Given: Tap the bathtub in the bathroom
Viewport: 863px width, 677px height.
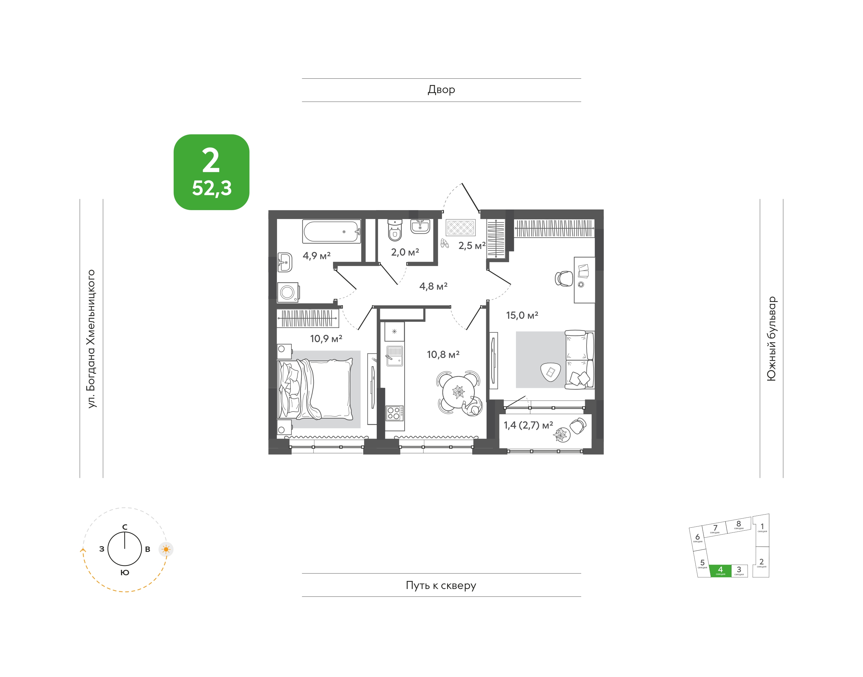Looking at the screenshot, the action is pyautogui.click(x=331, y=231).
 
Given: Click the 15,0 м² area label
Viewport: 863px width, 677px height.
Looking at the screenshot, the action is pyautogui.click(x=522, y=315).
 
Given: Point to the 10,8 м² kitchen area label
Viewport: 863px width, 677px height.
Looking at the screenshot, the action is pyautogui.click(x=443, y=354).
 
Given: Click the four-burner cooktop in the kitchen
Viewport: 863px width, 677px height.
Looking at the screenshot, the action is pyautogui.click(x=395, y=413).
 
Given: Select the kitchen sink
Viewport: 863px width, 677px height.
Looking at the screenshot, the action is pyautogui.click(x=394, y=356).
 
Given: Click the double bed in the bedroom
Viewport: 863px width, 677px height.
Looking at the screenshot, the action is pyautogui.click(x=315, y=388).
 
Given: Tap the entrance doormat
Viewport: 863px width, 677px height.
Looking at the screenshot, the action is pyautogui.click(x=461, y=227).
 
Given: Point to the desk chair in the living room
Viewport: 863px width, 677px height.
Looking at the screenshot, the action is pyautogui.click(x=564, y=279).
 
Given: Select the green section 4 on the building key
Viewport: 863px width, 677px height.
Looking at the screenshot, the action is pyautogui.click(x=720, y=570).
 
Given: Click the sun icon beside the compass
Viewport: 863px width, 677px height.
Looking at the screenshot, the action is pyautogui.click(x=166, y=550).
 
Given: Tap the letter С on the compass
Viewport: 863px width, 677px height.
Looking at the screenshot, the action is pyautogui.click(x=125, y=527).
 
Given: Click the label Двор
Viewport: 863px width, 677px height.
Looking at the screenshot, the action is pyautogui.click(x=441, y=90).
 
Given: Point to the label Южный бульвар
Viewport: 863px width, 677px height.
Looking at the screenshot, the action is pyautogui.click(x=771, y=338).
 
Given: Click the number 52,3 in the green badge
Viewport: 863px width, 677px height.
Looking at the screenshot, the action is pyautogui.click(x=212, y=188).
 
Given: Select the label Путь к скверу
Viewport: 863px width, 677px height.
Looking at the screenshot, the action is pyautogui.click(x=441, y=585).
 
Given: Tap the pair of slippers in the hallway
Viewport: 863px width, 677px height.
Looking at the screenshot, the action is pyautogui.click(x=445, y=243).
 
